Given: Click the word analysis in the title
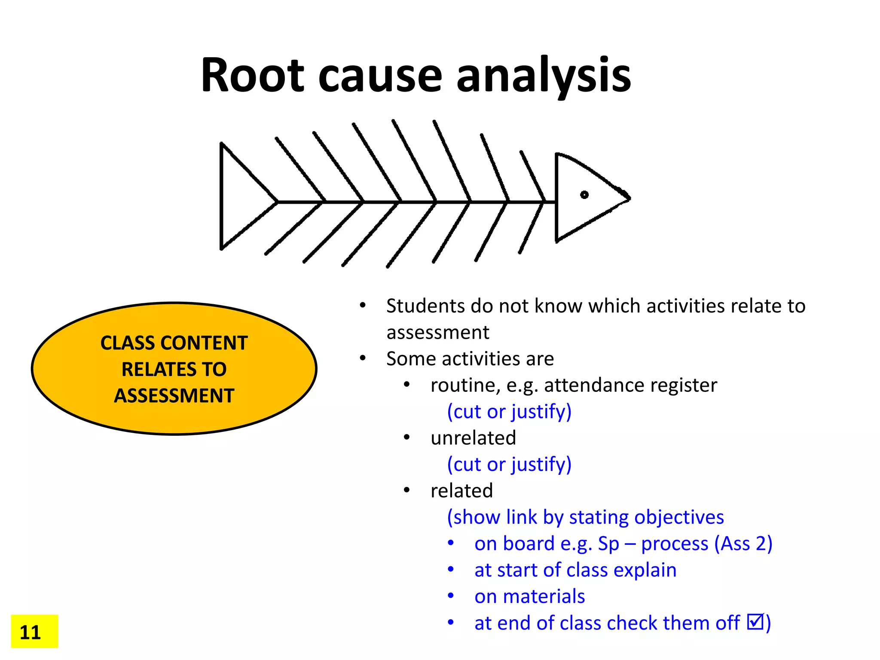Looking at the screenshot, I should point(543,76).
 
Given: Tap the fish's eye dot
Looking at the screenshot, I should point(584,195).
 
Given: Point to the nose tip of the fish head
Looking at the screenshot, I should point(629,199).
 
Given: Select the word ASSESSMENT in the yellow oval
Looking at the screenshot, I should point(174,396).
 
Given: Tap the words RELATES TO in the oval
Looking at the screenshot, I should point(174,370).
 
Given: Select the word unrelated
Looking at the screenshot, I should point(473,438).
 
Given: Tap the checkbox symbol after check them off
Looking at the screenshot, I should point(755,621).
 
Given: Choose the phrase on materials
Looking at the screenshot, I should point(529,596).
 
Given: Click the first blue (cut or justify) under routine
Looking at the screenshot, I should point(509,412).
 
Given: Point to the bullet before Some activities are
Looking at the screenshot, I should point(363,358).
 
